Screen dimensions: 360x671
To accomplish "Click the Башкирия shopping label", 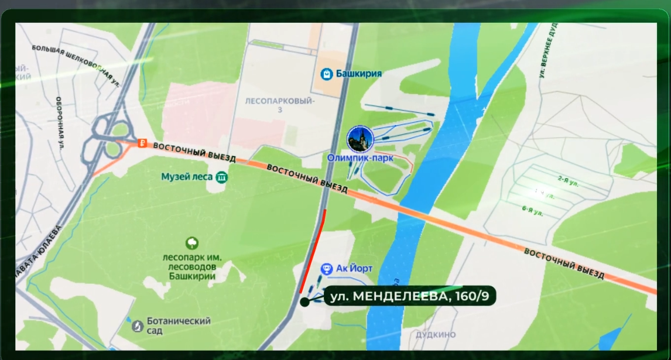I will coord(358,74).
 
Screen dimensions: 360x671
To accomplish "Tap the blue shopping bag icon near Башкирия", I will coord(327,74).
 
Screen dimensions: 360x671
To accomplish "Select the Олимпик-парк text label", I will coord(360,157).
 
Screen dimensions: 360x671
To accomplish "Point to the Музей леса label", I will coord(186,176).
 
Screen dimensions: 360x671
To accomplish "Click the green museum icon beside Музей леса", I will coord(221,176).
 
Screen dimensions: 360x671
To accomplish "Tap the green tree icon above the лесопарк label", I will coord(191,242).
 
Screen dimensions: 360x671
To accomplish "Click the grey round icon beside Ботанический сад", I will coord(138,325).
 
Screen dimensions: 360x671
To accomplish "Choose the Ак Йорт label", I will coord(354,269).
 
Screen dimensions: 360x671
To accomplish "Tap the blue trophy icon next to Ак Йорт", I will coord(327,269).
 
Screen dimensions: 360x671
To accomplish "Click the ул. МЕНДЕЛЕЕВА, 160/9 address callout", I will coord(409,296).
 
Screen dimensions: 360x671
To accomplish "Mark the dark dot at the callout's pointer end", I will coord(304,302).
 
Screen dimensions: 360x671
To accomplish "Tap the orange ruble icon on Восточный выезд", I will coord(141,143).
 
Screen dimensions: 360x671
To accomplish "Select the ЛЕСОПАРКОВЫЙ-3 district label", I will coord(280,105).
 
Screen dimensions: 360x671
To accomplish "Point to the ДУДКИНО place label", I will coord(435,335).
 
